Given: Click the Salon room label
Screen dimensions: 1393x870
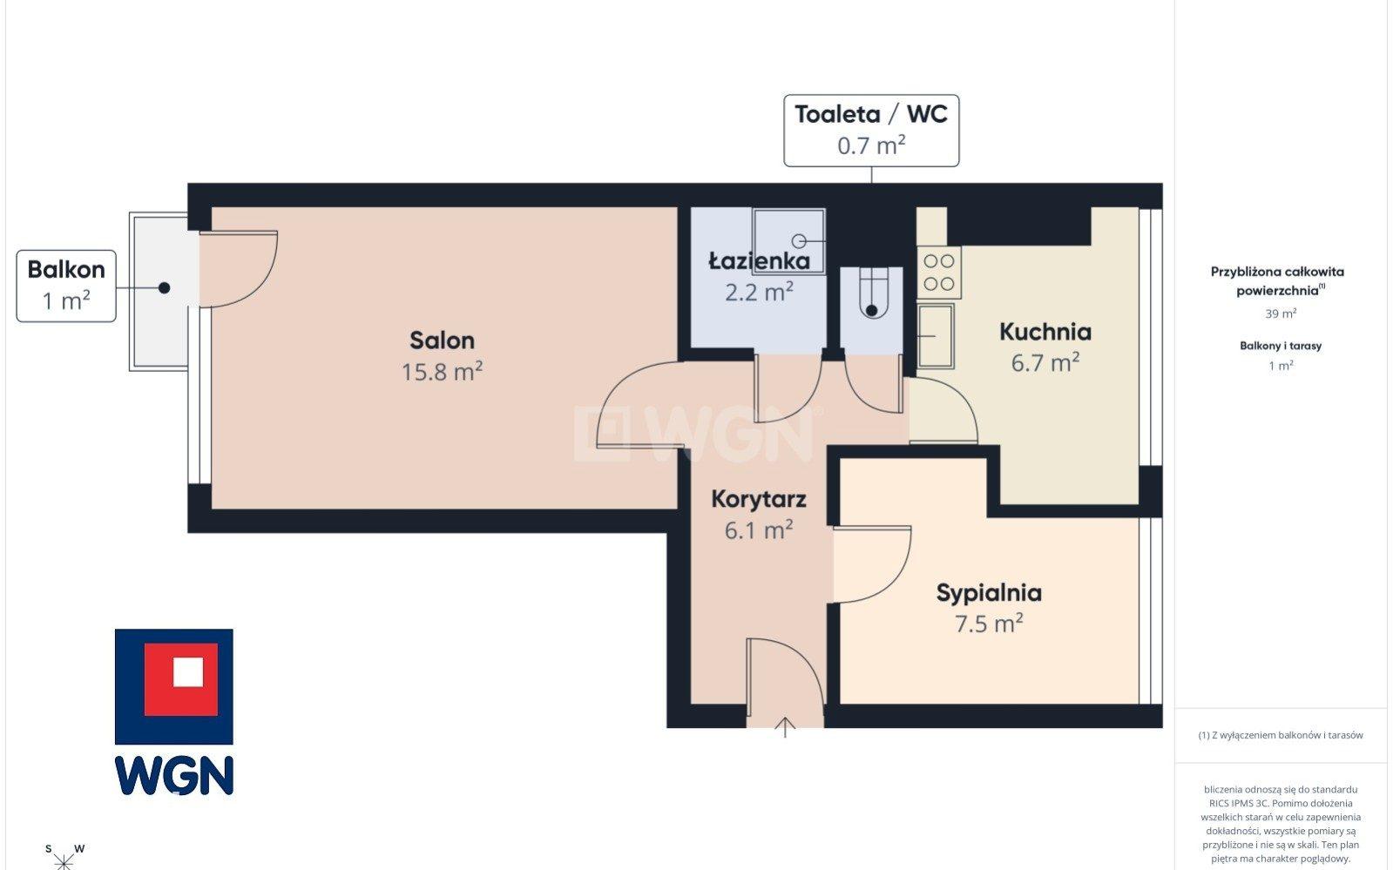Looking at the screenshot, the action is pyautogui.click(x=442, y=341).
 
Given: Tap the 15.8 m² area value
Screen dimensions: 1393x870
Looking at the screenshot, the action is pyautogui.click(x=442, y=372).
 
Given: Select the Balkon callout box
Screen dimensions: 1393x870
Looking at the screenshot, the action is pyautogui.click(x=66, y=286).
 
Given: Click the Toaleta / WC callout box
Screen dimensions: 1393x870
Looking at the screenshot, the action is pyautogui.click(x=870, y=131).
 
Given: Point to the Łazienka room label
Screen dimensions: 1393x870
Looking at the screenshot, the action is pyautogui.click(x=759, y=261).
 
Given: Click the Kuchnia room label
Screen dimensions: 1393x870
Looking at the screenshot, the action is pyautogui.click(x=1045, y=332).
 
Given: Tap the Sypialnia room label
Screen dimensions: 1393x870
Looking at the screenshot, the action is pyautogui.click(x=989, y=593).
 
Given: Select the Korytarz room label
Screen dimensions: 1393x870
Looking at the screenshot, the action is pyautogui.click(x=759, y=499).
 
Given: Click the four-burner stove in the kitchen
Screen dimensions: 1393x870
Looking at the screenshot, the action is pyautogui.click(x=939, y=273).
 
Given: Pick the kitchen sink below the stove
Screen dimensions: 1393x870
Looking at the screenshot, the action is pyautogui.click(x=936, y=336).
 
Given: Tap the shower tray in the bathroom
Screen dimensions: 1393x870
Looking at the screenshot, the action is pyautogui.click(x=788, y=240).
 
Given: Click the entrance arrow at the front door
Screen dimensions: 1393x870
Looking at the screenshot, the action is pyautogui.click(x=786, y=727).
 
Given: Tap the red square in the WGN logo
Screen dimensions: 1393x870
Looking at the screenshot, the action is pyautogui.click(x=181, y=679).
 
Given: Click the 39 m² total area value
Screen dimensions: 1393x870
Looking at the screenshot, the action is pyautogui.click(x=1281, y=314).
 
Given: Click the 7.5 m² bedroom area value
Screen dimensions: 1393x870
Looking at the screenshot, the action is pyautogui.click(x=989, y=624).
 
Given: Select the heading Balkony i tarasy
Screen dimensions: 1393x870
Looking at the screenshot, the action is pyautogui.click(x=1281, y=346).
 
